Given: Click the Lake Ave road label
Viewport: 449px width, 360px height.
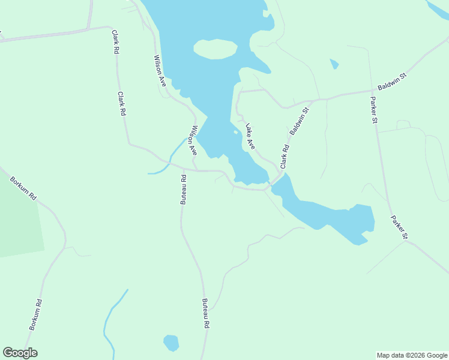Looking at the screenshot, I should (x=250, y=136).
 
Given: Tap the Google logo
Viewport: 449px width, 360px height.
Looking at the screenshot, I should (x=20, y=353).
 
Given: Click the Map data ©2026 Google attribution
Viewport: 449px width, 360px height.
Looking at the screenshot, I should (x=412, y=355).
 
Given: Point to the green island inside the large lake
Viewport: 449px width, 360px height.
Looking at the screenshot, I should (x=215, y=49).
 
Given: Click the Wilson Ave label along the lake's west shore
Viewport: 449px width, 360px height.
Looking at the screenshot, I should (x=159, y=70).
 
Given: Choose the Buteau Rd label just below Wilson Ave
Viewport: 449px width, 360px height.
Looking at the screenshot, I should (x=183, y=190).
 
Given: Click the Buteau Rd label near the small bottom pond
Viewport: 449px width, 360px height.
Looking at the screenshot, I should (x=205, y=313).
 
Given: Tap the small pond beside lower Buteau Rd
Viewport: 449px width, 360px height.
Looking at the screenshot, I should (x=171, y=343).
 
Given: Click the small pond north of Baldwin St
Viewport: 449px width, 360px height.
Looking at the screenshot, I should (x=334, y=63).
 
